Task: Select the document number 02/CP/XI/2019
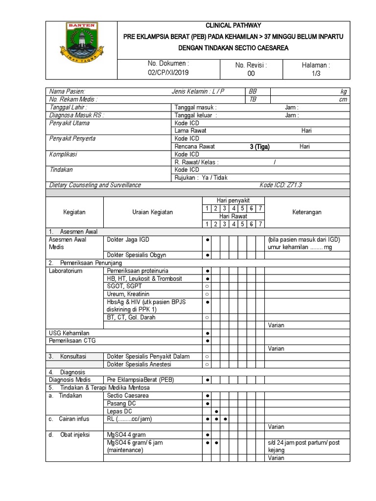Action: [x=168, y=72]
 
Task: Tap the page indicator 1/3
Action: [x=316, y=72]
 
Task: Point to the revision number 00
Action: [x=251, y=73]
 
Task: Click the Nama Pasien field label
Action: [x=67, y=91]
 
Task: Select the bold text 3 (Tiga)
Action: [x=259, y=146]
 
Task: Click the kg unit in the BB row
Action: [x=343, y=91]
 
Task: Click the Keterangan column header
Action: [x=307, y=212]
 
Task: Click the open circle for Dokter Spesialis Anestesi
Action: [x=208, y=364]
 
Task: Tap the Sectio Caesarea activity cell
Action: [x=128, y=395]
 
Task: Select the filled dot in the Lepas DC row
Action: [x=216, y=411]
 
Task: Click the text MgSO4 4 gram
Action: [x=126, y=434]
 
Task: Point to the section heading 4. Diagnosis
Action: [x=67, y=372]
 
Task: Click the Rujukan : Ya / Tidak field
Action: [x=201, y=178]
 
